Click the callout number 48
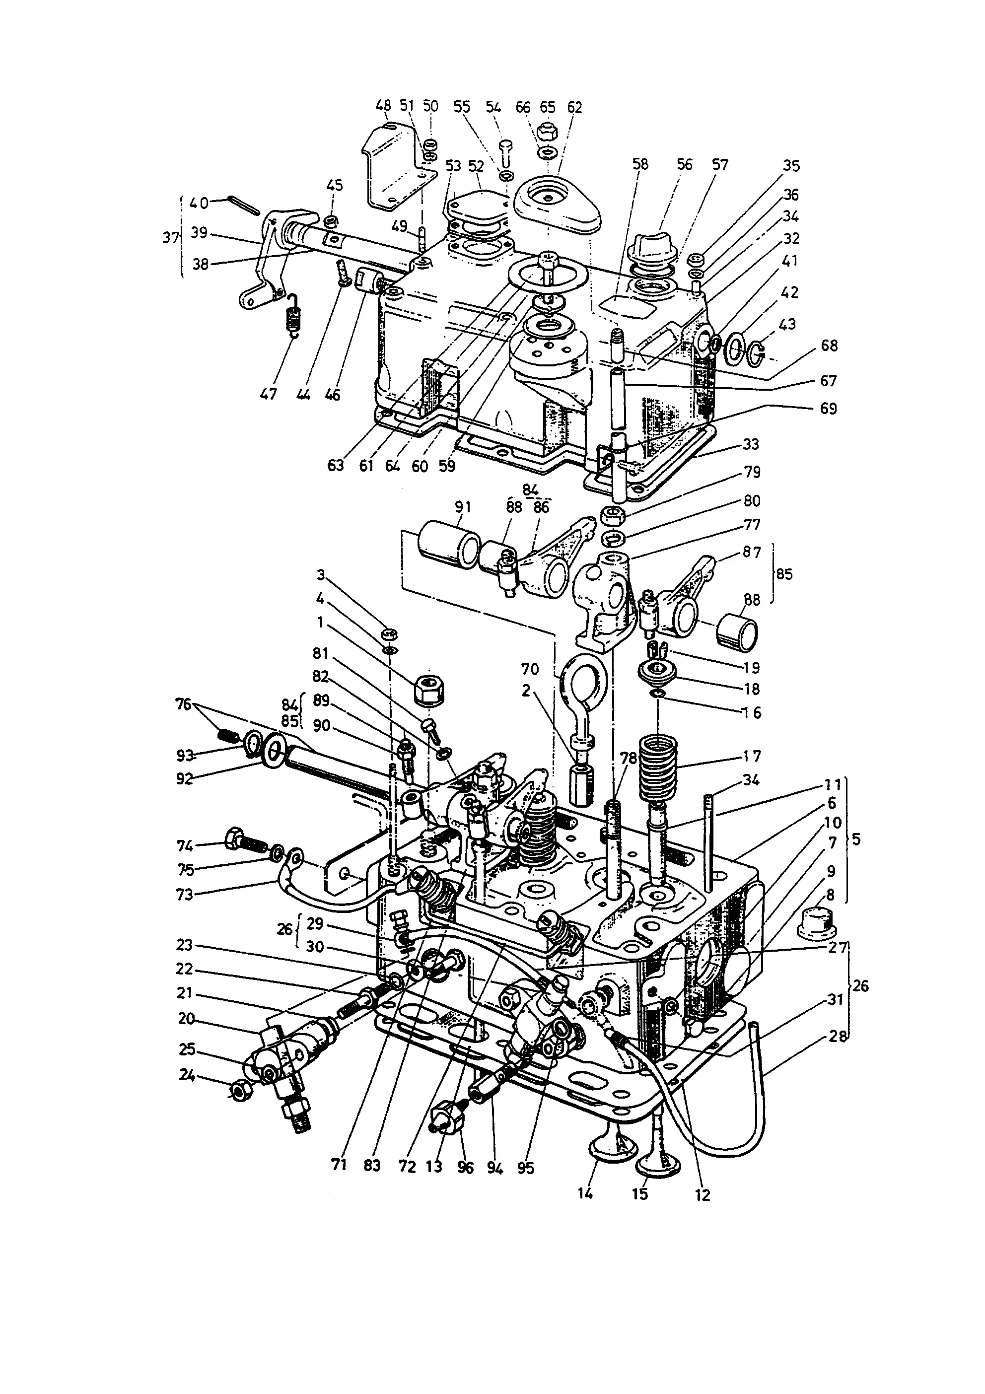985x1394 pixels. [383, 106]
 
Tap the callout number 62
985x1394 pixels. [574, 107]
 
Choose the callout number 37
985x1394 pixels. [170, 237]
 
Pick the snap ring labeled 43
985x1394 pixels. [756, 353]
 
